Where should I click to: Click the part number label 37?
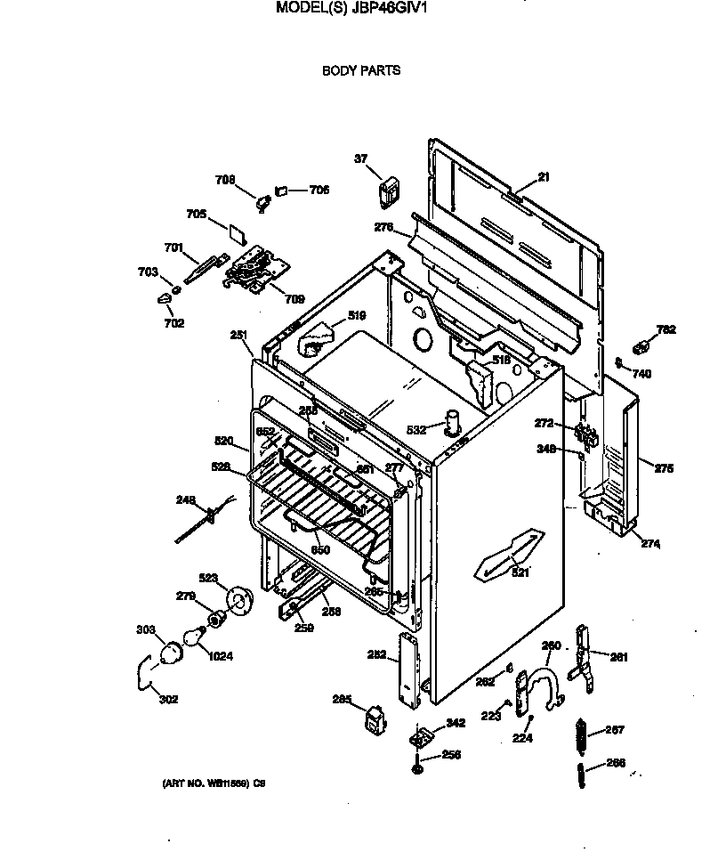click(x=361, y=159)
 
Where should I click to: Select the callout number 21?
click(x=544, y=177)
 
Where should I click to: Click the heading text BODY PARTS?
click(x=360, y=69)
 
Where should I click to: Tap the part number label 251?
click(x=238, y=335)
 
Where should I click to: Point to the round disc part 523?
click(x=238, y=600)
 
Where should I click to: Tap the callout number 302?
click(x=168, y=699)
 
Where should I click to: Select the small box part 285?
click(x=374, y=717)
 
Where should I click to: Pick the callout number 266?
click(x=615, y=762)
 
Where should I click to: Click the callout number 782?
click(x=665, y=329)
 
